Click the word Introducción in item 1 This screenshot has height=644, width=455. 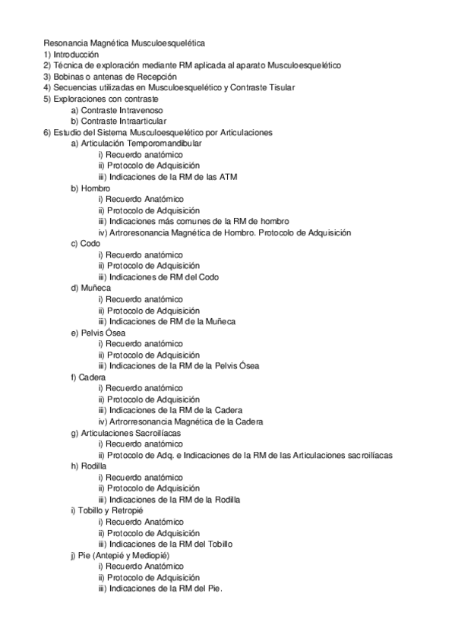[x=76, y=55]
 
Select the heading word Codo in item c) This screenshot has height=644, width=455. [x=90, y=243]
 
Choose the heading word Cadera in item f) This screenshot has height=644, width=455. [x=93, y=377]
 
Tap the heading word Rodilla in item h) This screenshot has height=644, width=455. [x=95, y=466]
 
